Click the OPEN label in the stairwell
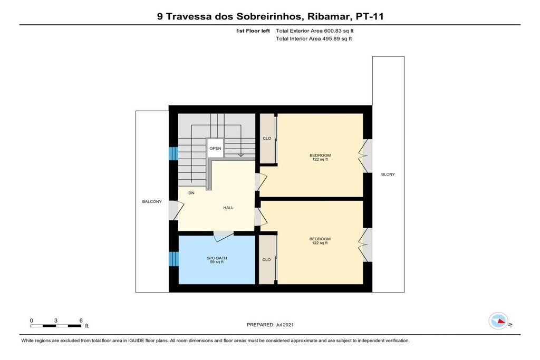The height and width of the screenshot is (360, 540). coord(215,148)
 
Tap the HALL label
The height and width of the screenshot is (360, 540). coord(228,208)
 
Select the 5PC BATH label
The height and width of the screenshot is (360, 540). coord(217,258)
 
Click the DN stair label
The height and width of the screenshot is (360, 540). coord(191,193)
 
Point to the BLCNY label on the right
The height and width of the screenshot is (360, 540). coord(388,174)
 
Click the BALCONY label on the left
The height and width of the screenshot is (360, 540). coord(152,202)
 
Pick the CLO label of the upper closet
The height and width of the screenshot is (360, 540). coord(267,138)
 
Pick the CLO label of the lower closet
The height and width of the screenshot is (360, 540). coord(266,259)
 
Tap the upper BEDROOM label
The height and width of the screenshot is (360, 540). coord(320,155)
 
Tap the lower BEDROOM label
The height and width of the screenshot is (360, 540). coord(320,239)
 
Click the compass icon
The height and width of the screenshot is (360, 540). coord(498,321)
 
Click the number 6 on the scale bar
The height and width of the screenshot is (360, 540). coord(81,320)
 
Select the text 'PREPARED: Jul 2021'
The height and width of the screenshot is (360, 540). coord(271,325)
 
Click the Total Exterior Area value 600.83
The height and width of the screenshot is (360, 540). coord(332,31)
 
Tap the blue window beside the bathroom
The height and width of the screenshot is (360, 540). coord(173,259)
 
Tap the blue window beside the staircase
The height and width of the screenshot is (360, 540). coord(173,153)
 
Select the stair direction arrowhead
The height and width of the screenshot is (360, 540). coord(241,155)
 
